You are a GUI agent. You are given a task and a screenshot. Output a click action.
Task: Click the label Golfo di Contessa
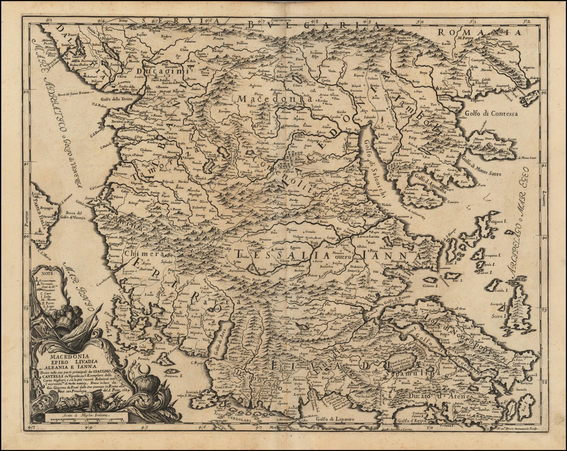[491, 114]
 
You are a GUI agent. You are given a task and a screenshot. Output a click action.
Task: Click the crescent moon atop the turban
[145, 370]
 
